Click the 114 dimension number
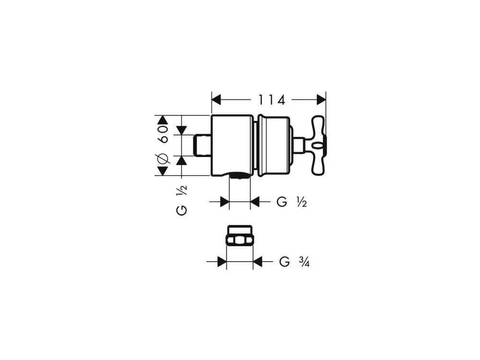(x=272, y=100)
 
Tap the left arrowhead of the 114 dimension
(x=216, y=100)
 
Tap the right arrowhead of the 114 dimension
(x=322, y=100)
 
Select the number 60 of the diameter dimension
(x=163, y=134)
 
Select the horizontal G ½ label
(x=292, y=202)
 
